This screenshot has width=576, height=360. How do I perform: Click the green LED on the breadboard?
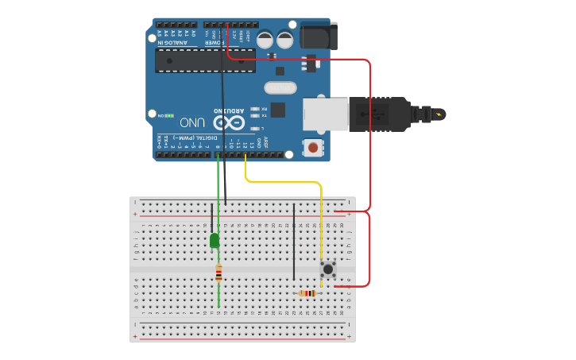coord(215,240)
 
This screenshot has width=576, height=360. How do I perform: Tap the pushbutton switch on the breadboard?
coord(327,269)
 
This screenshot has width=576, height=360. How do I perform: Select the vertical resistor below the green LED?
coord(218,274)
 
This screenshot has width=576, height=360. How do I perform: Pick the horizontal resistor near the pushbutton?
coord(307,293)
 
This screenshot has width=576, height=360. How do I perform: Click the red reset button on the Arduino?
coord(314,147)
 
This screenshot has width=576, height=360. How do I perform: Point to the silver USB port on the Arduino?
coord(325,114)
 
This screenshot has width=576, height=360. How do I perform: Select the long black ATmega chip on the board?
coord(205,60)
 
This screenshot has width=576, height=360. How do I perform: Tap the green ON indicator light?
coord(169,116)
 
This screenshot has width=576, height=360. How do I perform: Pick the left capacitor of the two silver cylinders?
coord(265,39)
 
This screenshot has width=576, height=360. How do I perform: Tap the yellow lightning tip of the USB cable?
coord(439,114)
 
